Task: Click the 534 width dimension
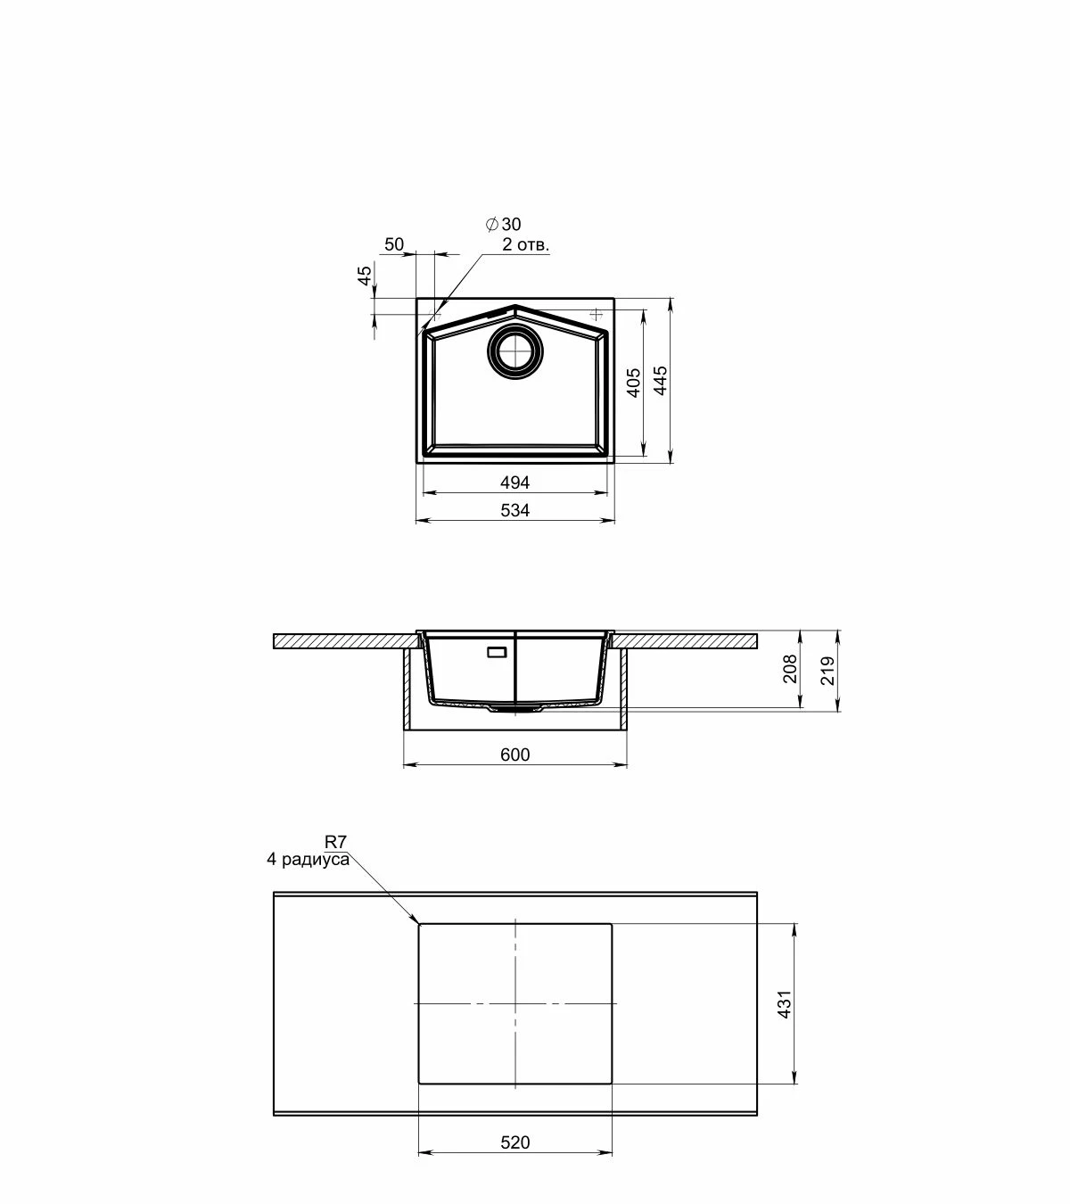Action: tap(514, 510)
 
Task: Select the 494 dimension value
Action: tap(514, 482)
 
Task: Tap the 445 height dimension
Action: tap(660, 380)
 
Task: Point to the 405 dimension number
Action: tap(633, 383)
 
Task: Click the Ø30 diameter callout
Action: tap(503, 224)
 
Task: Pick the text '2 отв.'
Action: tap(526, 244)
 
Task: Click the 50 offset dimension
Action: tap(394, 244)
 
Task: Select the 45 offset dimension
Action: tap(364, 276)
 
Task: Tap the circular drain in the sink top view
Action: tap(514, 350)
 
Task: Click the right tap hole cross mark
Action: tap(597, 314)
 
